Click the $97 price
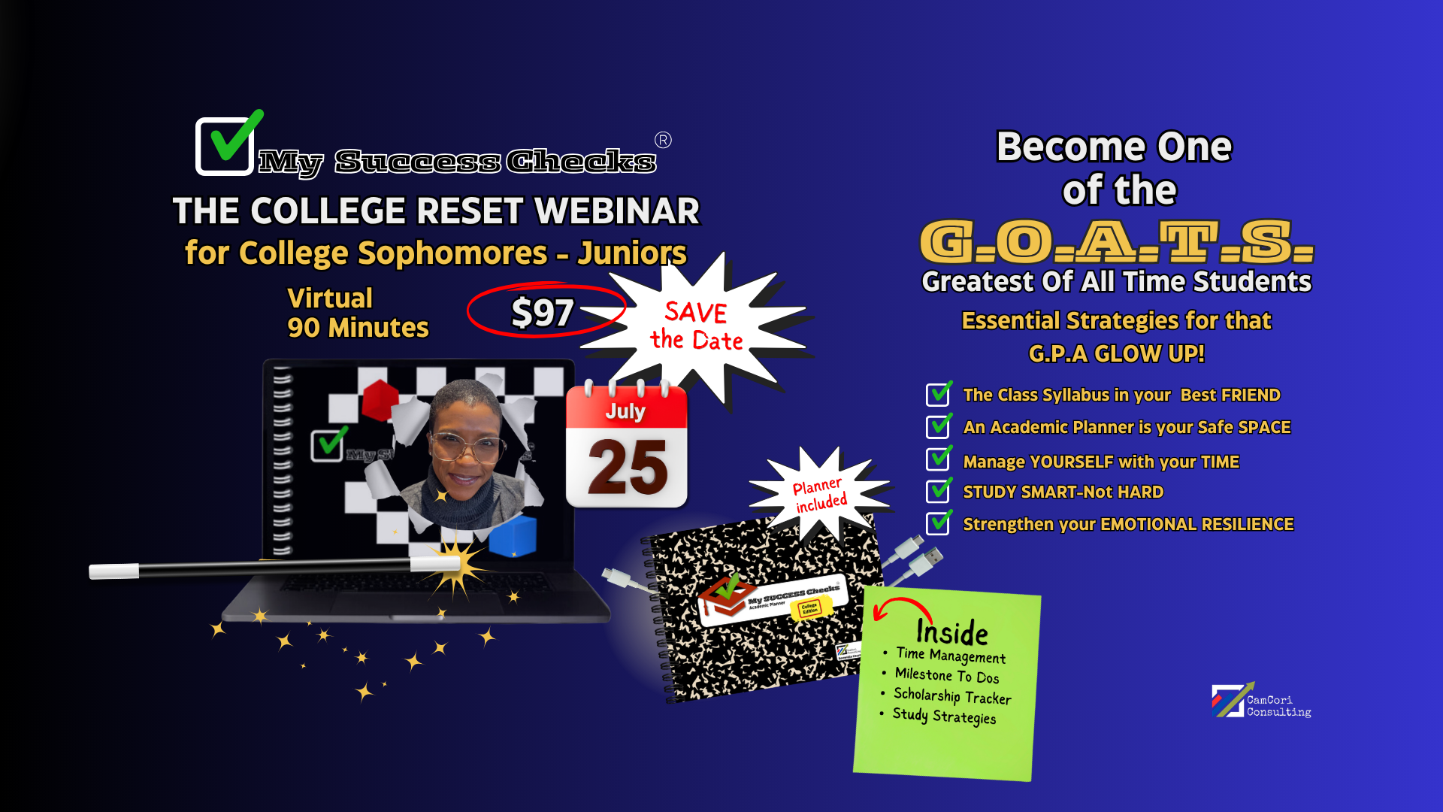pyautogui.click(x=543, y=312)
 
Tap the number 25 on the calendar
pyautogui.click(x=628, y=468)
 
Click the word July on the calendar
pyautogui.click(x=625, y=411)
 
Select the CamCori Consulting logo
pyautogui.click(x=1261, y=701)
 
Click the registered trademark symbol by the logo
pyautogui.click(x=663, y=141)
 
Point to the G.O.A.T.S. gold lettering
pyautogui.click(x=1117, y=242)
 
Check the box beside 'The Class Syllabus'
pyautogui.click(x=938, y=394)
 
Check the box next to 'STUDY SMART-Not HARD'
pyautogui.click(x=938, y=491)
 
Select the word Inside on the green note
pyautogui.click(x=951, y=632)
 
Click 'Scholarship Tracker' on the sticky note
pyautogui.click(x=952, y=696)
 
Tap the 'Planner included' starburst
pyautogui.click(x=820, y=495)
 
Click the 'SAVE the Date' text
pyautogui.click(x=696, y=326)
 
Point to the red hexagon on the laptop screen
pyautogui.click(x=380, y=399)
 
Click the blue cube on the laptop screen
pyautogui.click(x=513, y=535)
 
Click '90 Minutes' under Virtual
pyautogui.click(x=358, y=328)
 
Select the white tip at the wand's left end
pyautogui.click(x=113, y=572)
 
